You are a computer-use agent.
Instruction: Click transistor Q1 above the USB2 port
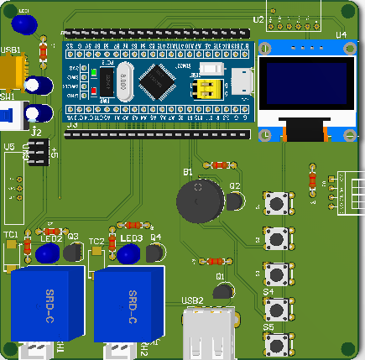[x=222, y=290]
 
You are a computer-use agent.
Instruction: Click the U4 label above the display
[x=340, y=34]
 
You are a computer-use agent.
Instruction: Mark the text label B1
[x=188, y=172]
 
